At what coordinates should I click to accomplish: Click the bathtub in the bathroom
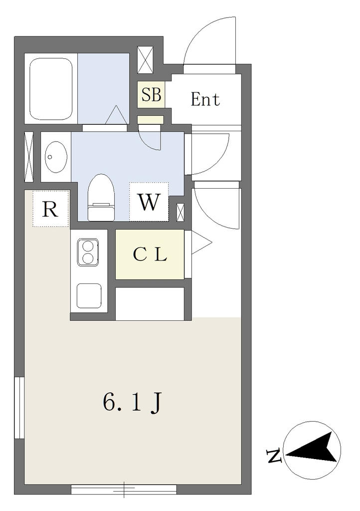coord(51,89)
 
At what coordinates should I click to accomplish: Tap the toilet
coord(101,198)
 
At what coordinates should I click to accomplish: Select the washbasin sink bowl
coord(56,157)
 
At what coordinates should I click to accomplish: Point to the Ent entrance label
coord(205,99)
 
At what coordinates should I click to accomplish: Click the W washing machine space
coord(149,202)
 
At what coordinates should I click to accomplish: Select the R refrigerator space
coord(50,209)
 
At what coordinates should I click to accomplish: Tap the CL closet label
coord(150,255)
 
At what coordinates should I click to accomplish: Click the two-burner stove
coord(88,252)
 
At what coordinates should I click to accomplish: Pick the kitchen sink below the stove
coord(89,295)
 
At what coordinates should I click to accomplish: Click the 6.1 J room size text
coord(132,403)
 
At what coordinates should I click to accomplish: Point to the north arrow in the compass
coord(312,448)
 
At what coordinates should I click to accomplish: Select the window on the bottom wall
coord(124,489)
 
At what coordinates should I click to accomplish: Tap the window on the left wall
coord(19,408)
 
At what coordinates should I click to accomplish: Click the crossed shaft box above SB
coord(145,60)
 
